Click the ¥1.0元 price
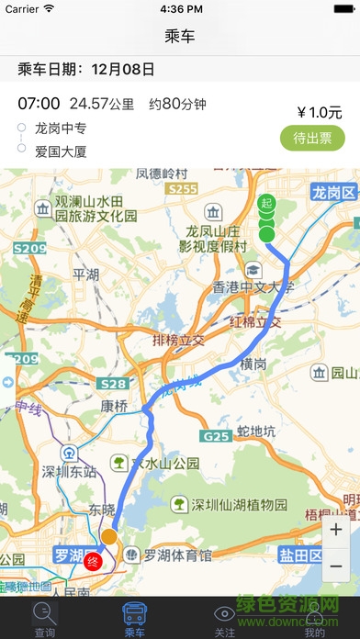pos(313,113)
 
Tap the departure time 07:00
pos(39,103)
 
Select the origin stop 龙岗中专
pos(61,129)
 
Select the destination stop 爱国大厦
pos(61,151)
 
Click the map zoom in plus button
pos(336,531)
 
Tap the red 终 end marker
pos(92,562)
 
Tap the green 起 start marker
pos(266,203)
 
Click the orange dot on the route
pos(108,536)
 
